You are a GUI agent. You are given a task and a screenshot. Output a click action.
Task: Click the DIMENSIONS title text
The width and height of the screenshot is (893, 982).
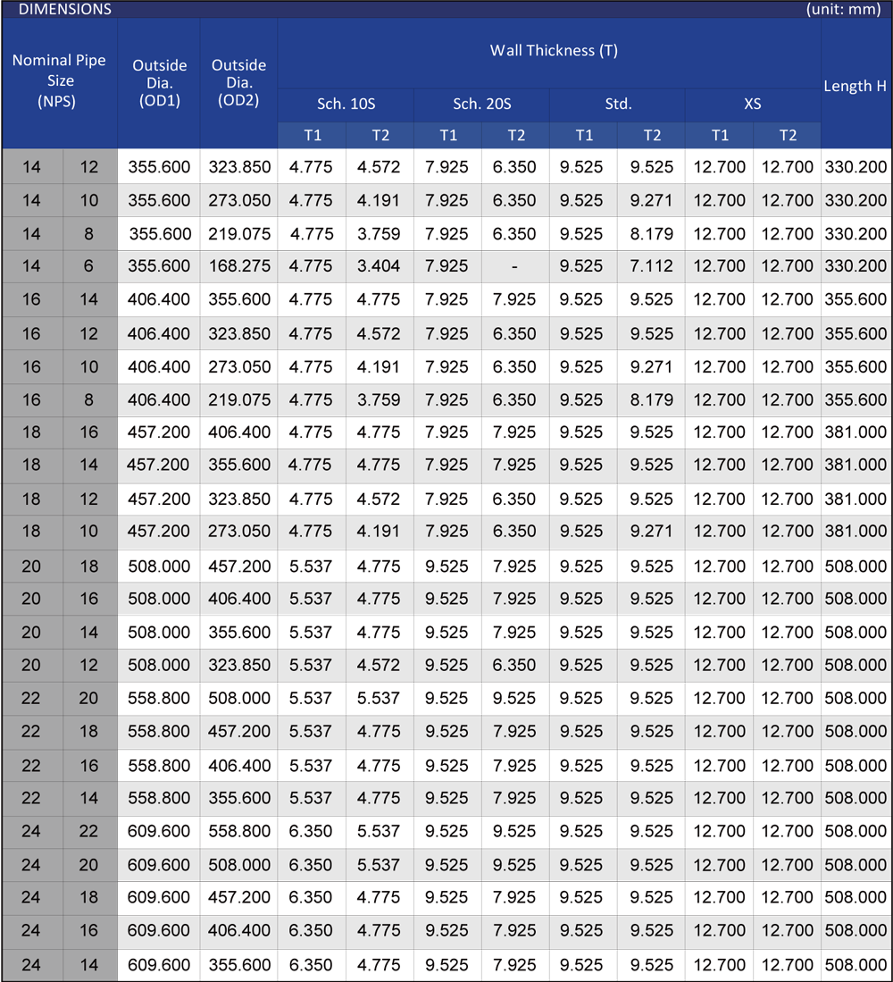click(65, 9)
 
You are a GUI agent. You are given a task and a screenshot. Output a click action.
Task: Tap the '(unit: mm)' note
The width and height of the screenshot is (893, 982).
click(845, 9)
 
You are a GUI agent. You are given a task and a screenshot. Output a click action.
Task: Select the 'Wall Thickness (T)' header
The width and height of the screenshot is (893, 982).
click(554, 51)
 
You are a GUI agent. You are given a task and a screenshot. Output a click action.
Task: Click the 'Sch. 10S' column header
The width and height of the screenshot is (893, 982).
click(345, 104)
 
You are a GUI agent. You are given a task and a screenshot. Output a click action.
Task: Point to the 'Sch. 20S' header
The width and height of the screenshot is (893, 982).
click(481, 104)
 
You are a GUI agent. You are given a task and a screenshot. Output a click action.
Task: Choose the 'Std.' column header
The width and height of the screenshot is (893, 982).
click(618, 104)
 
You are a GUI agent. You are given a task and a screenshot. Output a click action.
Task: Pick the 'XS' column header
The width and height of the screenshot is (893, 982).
click(753, 104)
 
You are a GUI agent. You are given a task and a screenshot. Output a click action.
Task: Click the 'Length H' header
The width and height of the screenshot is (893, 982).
click(855, 86)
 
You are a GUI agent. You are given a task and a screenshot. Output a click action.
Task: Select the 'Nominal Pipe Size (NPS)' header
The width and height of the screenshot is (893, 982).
click(58, 80)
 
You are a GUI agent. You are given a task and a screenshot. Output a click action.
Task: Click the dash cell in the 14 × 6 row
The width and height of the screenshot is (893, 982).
click(515, 266)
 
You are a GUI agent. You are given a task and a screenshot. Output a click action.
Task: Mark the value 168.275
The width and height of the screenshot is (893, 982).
click(239, 266)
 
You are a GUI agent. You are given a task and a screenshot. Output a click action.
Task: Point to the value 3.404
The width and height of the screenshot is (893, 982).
click(379, 266)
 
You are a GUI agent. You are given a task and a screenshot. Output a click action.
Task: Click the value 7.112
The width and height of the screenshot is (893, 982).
click(651, 266)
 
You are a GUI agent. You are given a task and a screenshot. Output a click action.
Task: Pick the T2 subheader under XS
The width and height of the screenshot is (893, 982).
click(787, 136)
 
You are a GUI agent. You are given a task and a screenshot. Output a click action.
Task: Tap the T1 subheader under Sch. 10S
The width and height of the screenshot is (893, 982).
click(312, 136)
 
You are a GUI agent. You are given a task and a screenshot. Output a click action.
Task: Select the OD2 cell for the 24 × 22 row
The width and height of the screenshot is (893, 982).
click(239, 832)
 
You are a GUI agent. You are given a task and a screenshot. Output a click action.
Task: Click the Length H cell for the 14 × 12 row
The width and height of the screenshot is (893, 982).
click(855, 167)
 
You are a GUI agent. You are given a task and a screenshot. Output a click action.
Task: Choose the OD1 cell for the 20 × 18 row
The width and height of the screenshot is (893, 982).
click(159, 567)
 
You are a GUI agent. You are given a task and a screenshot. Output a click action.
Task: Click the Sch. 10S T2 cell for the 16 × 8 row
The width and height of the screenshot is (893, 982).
click(379, 399)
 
